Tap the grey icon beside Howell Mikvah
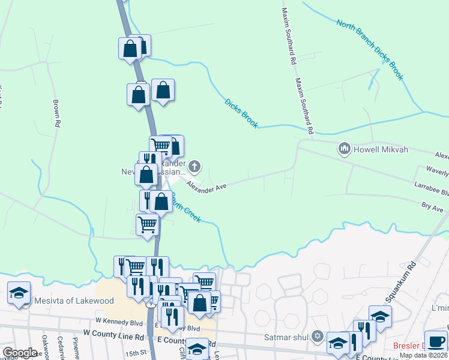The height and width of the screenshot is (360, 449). point(345,148)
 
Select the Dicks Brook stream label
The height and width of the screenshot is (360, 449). point(241,113)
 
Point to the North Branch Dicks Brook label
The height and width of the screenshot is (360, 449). point(370,50)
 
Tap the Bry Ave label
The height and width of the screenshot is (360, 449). point(432,206)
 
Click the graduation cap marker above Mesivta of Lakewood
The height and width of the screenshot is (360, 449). point(19,293)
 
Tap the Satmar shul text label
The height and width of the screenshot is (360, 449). point(286,337)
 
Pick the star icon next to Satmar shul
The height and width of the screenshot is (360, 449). point(318,336)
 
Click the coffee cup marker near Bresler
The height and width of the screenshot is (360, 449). point(436,341)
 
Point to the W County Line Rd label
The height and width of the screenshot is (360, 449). point(114,332)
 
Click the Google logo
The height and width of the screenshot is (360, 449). point(20,353)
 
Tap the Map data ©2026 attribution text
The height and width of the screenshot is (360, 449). point(424,355)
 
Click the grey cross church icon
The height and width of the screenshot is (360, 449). point(194,166)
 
